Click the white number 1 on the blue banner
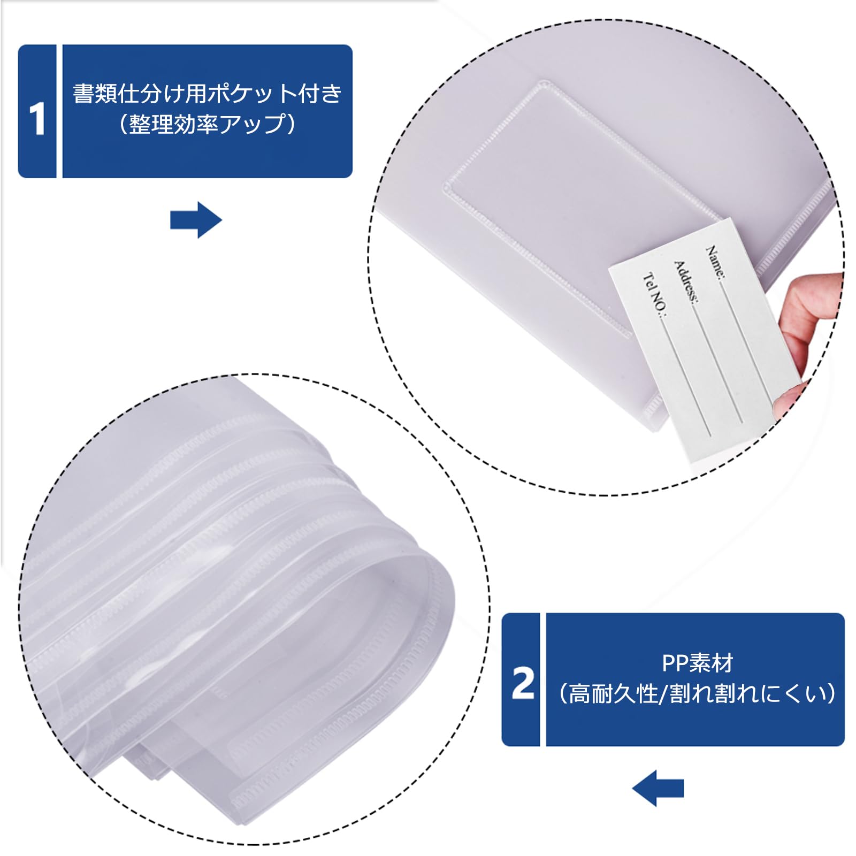37,119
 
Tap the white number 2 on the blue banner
523,683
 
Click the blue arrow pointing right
196,220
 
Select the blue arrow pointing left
658,788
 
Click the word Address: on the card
685,282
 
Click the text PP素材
697,663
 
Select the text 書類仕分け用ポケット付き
207,94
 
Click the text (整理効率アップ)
207,124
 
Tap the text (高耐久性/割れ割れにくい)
697,694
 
